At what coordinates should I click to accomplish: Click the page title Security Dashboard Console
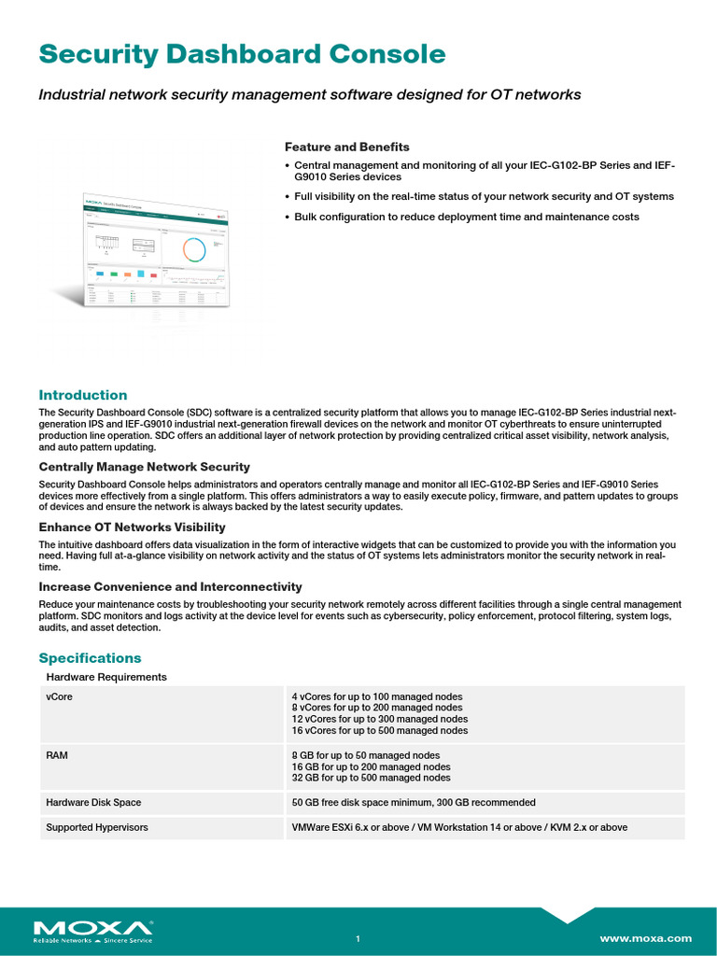coord(242,54)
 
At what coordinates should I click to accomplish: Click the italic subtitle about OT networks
coord(310,94)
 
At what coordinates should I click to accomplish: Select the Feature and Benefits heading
coord(346,147)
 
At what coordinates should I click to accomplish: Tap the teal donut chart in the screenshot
coord(194,249)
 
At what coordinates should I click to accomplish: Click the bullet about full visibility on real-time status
coord(484,197)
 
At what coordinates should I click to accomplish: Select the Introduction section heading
coord(83,395)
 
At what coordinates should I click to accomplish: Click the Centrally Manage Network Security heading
coord(144,466)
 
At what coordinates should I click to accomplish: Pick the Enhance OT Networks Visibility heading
coord(132,527)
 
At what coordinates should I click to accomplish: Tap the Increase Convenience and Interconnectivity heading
coord(170,586)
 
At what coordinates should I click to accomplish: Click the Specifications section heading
coord(90,658)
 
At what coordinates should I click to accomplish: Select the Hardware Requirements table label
coord(106,677)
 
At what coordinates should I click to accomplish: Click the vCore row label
coord(59,696)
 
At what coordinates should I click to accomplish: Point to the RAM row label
coord(57,755)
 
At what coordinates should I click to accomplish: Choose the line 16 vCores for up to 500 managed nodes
coord(379,731)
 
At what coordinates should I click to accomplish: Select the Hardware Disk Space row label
coord(93,802)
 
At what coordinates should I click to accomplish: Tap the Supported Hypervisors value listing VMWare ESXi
coord(459,827)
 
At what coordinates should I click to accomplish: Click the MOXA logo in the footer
coord(92,930)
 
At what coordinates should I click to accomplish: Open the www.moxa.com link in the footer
coord(645,938)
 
